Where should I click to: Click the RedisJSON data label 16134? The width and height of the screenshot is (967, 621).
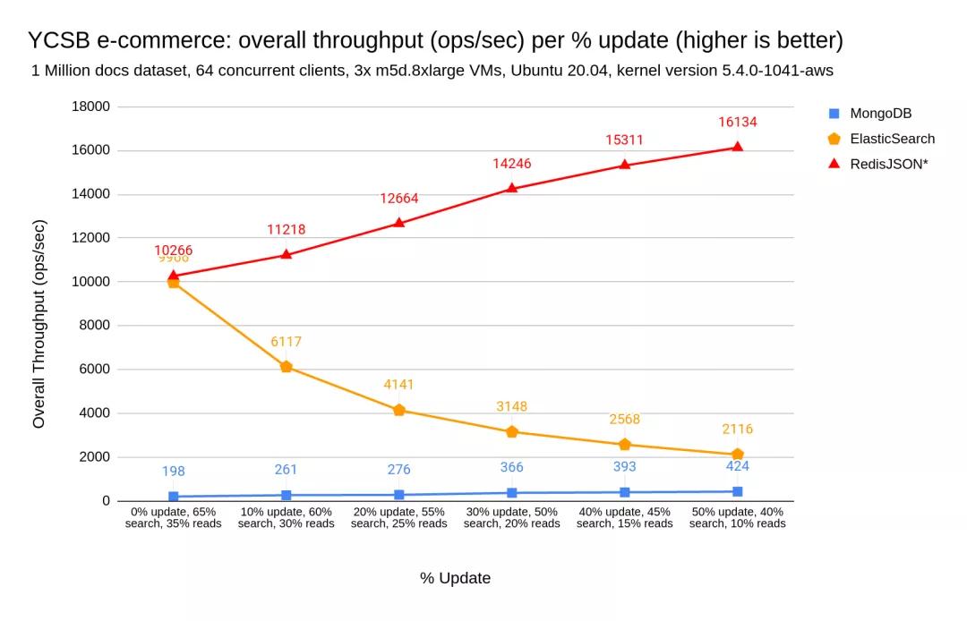737,122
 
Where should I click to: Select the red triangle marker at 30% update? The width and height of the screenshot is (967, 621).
512,188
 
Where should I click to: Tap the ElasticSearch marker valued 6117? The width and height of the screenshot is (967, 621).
287,367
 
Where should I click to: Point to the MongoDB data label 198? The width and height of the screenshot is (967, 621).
174,471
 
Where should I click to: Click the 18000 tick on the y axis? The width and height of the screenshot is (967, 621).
90,106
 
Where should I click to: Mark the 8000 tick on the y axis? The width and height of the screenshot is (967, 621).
94,325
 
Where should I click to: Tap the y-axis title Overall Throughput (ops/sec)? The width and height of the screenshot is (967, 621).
39,324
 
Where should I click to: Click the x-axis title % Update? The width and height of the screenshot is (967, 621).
455,578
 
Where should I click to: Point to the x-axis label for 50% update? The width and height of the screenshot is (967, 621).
737,517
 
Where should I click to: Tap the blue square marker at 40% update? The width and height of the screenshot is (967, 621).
625,492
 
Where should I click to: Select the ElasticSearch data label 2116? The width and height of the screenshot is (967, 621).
737,430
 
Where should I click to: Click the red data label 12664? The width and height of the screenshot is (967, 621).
398,199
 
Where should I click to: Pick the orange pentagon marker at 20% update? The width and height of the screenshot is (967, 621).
399,410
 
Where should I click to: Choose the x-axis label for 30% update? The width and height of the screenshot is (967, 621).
512,517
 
